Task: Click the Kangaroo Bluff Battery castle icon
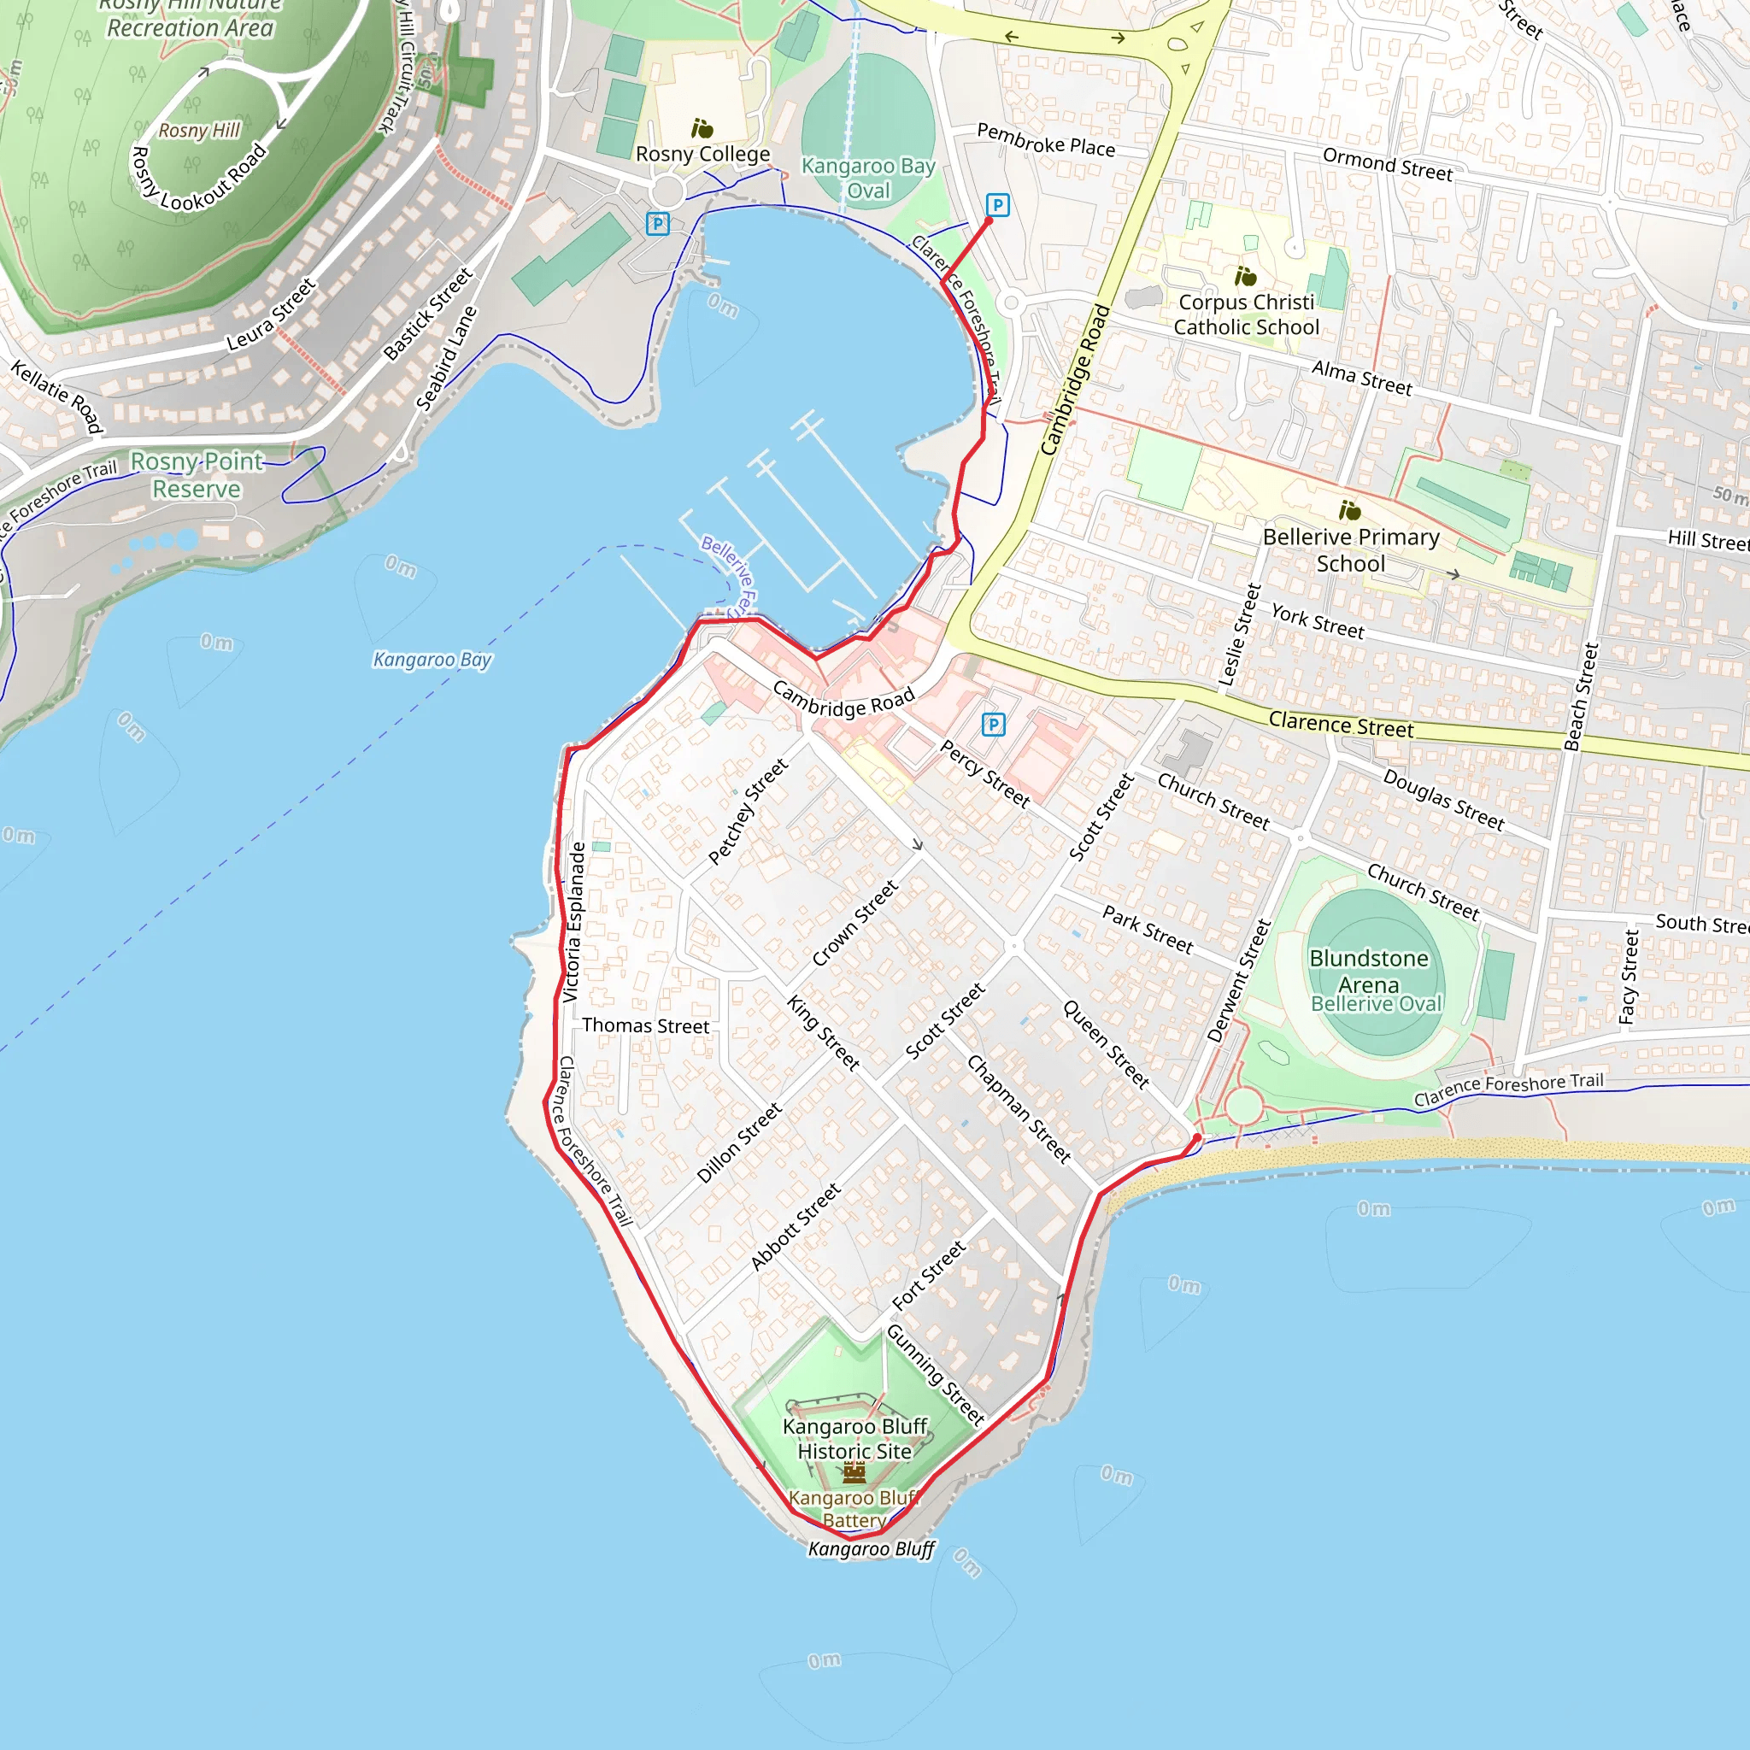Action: (854, 1474)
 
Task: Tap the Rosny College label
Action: (703, 154)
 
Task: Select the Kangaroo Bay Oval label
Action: (868, 179)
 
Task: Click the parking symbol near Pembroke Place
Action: (997, 206)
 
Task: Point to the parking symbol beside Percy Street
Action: (993, 725)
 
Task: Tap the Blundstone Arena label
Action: (1369, 971)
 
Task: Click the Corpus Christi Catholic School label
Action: (1247, 314)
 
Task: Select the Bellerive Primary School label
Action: (1351, 549)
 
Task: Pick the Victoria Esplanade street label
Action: (573, 922)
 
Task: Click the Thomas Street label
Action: (645, 1025)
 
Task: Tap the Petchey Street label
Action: (748, 811)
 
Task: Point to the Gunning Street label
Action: (935, 1375)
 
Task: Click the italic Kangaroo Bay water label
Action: (432, 660)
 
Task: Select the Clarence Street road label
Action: (1341, 724)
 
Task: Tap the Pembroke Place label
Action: (1045, 140)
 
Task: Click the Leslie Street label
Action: (1240, 634)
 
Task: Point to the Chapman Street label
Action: (1019, 1108)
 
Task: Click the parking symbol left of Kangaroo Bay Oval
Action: (658, 224)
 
